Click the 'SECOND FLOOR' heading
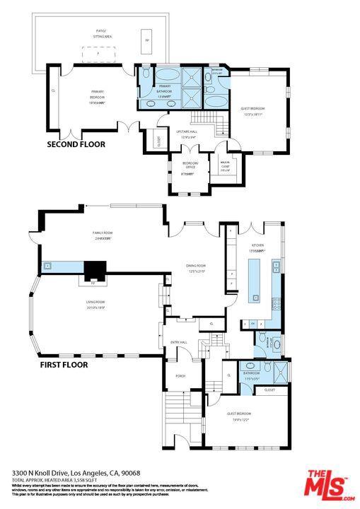tap(76, 144)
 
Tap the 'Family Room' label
tap(103, 235)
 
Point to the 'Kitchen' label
tap(255, 247)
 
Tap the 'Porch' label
tap(180, 376)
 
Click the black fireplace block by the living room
tap(94, 269)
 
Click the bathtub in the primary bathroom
tap(168, 76)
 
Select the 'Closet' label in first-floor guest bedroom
tap(269, 390)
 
